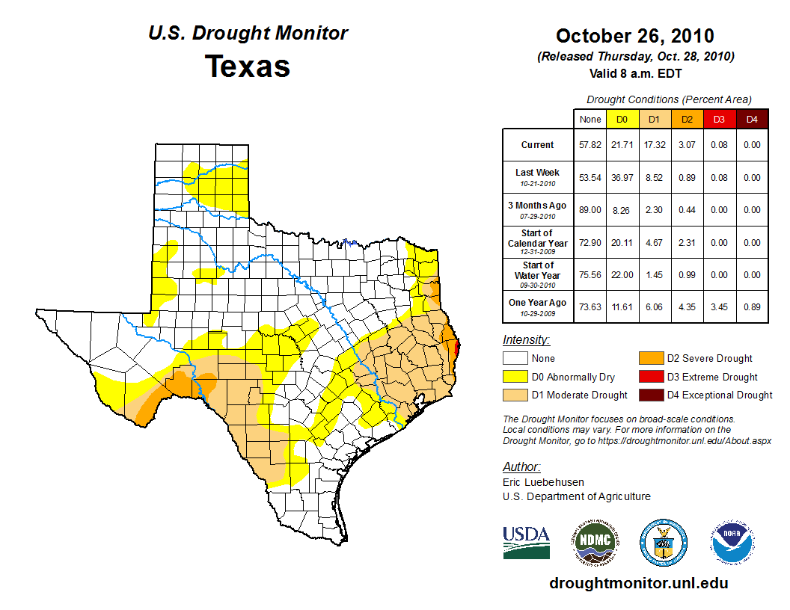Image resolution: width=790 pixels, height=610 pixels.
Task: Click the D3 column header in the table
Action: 719,119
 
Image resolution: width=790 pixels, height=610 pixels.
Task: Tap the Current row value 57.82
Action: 590,145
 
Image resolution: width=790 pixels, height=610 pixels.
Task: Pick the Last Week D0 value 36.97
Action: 622,178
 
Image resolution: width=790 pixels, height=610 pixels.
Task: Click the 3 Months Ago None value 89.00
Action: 590,210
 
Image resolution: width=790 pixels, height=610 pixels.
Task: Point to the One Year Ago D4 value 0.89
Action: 752,306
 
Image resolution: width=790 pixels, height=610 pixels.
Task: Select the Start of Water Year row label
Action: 539,274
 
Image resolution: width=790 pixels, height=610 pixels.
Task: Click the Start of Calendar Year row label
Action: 539,242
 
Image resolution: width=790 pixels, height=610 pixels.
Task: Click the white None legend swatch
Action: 515,359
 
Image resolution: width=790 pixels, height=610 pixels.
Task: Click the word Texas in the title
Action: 248,67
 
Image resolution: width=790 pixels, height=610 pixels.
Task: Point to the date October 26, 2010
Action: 635,36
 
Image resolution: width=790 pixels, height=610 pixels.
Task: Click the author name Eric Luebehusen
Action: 543,482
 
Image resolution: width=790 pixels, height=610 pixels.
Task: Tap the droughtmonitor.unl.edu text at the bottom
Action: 638,584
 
